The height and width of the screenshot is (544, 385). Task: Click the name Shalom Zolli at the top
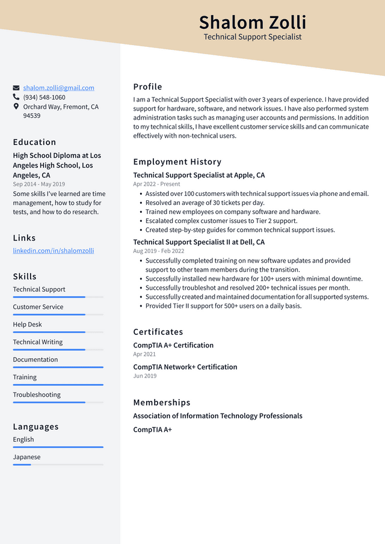[252, 22]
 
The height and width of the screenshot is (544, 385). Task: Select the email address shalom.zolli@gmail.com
[58, 88]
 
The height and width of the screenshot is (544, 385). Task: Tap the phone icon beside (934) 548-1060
[16, 97]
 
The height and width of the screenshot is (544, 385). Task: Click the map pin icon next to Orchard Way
[16, 106]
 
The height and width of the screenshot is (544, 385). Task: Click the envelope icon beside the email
[16, 88]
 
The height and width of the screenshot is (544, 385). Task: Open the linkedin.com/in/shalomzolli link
[54, 251]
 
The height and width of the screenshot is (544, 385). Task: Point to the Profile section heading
[147, 87]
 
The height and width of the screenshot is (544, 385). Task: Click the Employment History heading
[177, 162]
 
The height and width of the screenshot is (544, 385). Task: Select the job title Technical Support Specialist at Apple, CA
[199, 176]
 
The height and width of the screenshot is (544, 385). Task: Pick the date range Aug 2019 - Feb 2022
[159, 251]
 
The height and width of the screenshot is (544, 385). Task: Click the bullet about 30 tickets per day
[205, 203]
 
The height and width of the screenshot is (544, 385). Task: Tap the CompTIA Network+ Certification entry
[185, 367]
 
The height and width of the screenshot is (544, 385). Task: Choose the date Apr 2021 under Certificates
[144, 355]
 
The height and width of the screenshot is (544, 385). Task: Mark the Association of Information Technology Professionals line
[217, 416]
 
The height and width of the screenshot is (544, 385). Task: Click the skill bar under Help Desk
[58, 332]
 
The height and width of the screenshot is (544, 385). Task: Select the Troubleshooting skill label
[37, 395]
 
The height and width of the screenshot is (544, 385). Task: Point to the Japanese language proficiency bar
[58, 465]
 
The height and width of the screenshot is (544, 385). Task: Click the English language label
[23, 439]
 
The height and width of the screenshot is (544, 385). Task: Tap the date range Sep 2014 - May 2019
[38, 185]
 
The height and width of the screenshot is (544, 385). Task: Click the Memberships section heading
[161, 403]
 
